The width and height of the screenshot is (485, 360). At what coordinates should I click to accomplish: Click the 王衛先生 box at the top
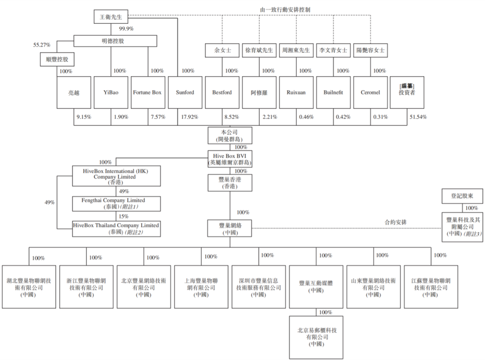111,17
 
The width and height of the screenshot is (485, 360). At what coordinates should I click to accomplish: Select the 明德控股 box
115,41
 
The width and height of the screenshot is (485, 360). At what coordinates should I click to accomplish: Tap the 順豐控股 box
57,59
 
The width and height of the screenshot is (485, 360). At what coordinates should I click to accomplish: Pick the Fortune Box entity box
147,92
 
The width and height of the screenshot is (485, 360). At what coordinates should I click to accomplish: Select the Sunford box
185,92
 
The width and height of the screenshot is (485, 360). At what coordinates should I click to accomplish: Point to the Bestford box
222,92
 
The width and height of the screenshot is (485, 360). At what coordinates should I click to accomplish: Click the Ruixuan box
296,92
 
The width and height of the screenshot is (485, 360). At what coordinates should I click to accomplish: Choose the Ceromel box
370,92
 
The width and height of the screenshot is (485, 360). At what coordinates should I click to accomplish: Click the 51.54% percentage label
418,117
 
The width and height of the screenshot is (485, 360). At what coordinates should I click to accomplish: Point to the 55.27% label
42,45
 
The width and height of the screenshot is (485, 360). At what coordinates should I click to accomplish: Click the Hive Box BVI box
229,159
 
